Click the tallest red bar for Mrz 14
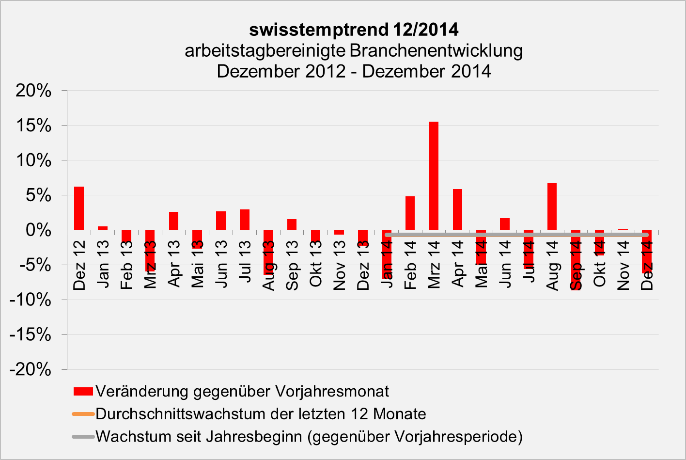(434, 175)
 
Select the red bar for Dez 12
(79, 208)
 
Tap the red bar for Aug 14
(552, 206)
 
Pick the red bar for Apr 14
(457, 209)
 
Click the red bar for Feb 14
(410, 213)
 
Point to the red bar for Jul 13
(245, 220)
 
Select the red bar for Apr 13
(173, 221)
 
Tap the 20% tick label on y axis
(33, 91)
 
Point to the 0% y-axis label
(38, 230)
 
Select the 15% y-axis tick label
(33, 126)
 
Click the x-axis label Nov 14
(623, 266)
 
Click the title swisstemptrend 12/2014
(354, 30)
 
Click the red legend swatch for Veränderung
(83, 391)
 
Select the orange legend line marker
(83, 414)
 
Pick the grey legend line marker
(83, 437)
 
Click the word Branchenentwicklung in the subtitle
(436, 50)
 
